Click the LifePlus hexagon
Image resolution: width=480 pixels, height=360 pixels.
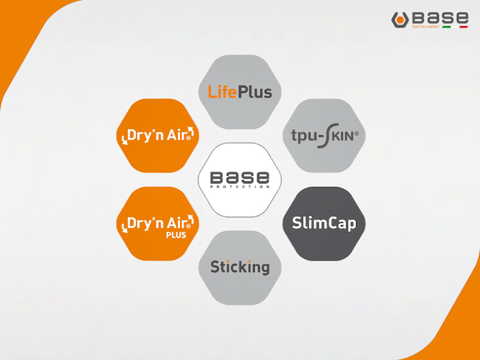[x=240, y=92]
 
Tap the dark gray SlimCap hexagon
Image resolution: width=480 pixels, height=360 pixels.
[x=324, y=223]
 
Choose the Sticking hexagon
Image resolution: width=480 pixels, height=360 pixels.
[x=240, y=267]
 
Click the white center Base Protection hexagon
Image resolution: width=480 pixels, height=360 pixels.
[x=240, y=179]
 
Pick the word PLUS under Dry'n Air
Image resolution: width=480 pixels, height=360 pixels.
[x=176, y=235]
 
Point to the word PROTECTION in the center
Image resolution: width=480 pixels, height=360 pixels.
[x=240, y=187]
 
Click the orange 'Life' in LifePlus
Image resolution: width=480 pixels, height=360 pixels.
[x=222, y=92]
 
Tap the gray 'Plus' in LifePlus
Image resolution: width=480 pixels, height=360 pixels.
[x=254, y=92]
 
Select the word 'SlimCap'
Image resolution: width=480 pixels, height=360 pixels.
[x=324, y=223]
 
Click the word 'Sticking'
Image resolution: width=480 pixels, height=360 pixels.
[x=240, y=267]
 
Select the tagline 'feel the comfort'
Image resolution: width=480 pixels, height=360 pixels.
[x=425, y=27]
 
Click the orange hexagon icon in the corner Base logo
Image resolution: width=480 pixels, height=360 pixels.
[x=400, y=19]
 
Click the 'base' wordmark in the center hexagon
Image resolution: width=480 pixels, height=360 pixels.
[x=240, y=177]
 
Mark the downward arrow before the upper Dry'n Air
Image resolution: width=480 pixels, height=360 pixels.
[x=125, y=139]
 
